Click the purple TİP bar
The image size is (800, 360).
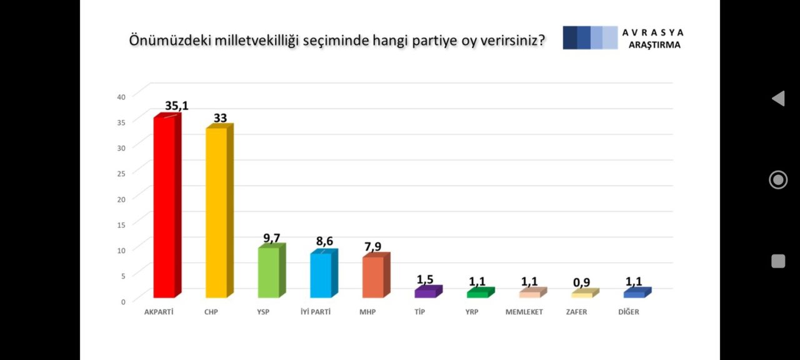tap(425, 292)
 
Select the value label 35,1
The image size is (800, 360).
tap(176, 106)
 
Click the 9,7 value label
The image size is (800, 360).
tap(271, 237)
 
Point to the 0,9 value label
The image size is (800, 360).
tap(581, 282)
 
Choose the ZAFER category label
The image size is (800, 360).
tap(576, 312)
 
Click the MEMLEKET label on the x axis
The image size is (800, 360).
tap(524, 312)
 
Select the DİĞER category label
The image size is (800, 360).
tap(629, 312)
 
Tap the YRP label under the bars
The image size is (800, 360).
tap(472, 312)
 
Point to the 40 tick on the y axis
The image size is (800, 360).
tap(121, 96)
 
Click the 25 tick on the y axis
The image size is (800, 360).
tap(121, 173)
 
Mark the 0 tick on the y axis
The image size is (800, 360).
tap(123, 301)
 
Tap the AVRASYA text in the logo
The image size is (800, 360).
tap(653, 32)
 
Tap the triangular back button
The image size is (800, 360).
tap(778, 98)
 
